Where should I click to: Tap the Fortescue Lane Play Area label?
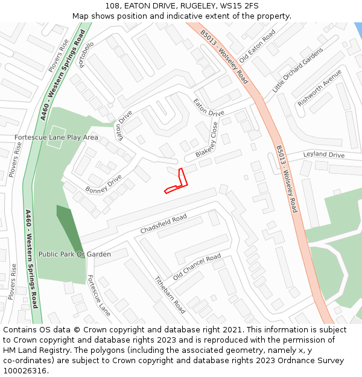(56, 138)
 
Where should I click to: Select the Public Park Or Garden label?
(75, 254)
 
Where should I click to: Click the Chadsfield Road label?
(164, 224)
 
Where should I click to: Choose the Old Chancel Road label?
(197, 267)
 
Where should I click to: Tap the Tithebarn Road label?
(170, 294)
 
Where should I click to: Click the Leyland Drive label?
(323, 155)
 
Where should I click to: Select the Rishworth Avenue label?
(319, 88)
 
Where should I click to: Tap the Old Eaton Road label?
(257, 46)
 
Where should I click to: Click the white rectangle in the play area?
(56, 131)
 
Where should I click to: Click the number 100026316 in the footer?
(25, 371)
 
